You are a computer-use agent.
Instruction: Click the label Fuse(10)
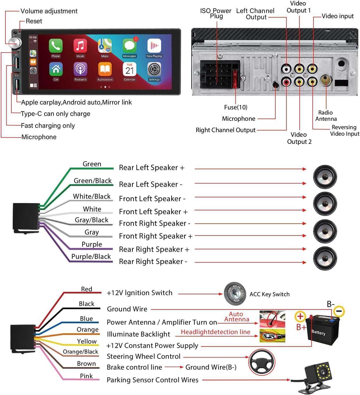point(236,107)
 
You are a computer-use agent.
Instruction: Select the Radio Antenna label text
point(326,116)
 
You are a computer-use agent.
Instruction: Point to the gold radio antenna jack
point(326,80)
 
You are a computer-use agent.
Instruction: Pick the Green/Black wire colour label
point(93,181)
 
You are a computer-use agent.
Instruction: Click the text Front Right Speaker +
point(156,236)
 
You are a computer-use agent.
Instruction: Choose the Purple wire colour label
point(92,244)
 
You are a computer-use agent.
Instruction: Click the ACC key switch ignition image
point(235,294)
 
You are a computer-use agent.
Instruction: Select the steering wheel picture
point(262,363)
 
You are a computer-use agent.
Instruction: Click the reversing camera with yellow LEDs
point(318,375)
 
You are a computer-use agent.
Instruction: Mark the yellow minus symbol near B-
point(339,311)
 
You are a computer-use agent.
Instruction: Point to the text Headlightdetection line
point(215,332)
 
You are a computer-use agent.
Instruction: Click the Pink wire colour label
point(86,376)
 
